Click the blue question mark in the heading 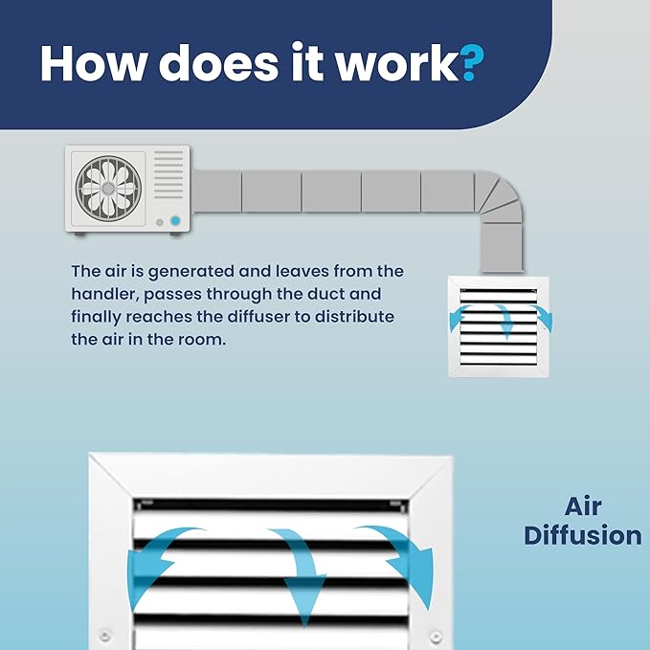tap(472, 62)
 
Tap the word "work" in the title tap(397, 62)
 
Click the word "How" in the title tap(94, 62)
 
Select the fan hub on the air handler tap(108, 189)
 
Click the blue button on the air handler tap(176, 220)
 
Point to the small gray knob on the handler tap(160, 222)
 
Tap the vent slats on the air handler tap(168, 174)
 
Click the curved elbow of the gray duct tap(499, 194)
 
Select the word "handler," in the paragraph tap(105, 294)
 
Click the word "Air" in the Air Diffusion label tap(583, 506)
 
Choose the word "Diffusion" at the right tap(583, 535)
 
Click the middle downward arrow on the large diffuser tap(300, 572)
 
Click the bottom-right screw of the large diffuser tap(436, 635)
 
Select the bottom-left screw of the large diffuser tap(105, 635)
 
